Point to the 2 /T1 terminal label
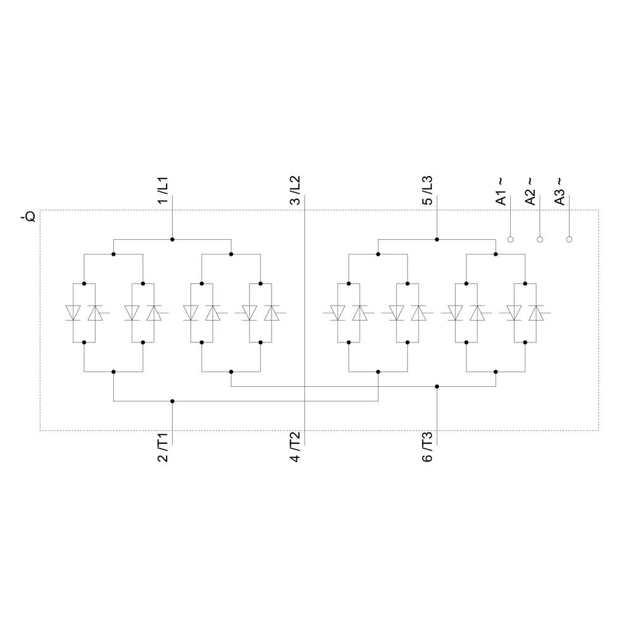163,448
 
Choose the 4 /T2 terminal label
295,448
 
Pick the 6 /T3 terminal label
428,448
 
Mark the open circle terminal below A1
510,239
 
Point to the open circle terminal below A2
540,239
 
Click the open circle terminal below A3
569,239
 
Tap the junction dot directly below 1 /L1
172,239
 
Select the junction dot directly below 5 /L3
437,239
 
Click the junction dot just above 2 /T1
172,401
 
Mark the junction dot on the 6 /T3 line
437,386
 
